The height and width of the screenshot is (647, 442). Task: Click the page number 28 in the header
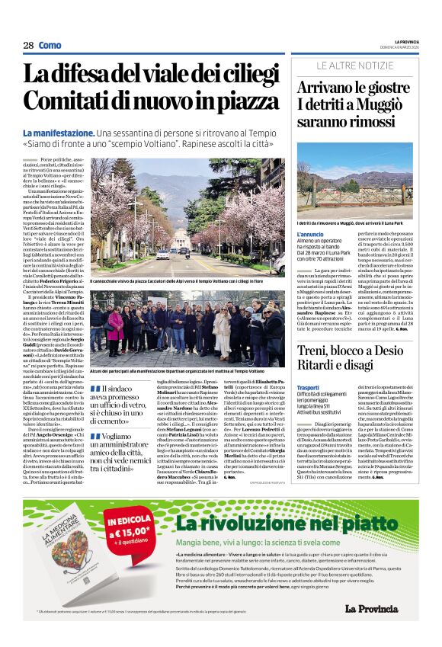tap(28, 46)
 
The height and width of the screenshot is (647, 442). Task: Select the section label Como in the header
tap(50, 46)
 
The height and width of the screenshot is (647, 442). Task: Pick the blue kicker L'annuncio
tap(312, 234)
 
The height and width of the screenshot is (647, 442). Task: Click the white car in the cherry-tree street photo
tap(162, 255)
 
